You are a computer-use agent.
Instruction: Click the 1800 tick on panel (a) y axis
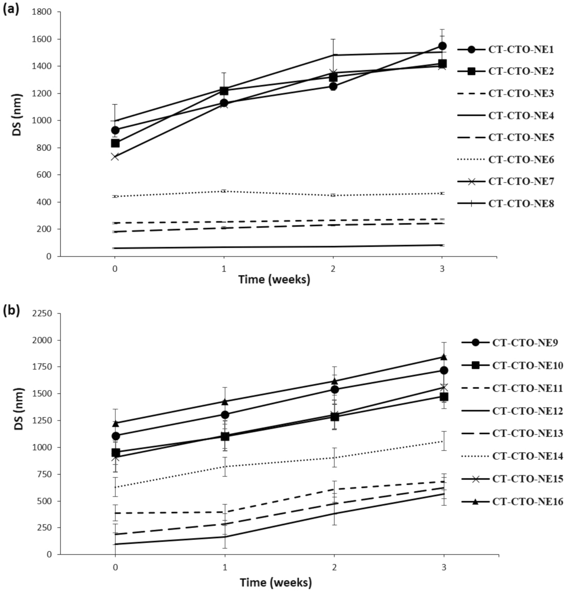click(41, 12)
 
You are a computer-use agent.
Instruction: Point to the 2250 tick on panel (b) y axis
click(41, 313)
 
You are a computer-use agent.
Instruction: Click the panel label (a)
click(11, 9)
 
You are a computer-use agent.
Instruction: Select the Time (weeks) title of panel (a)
click(274, 279)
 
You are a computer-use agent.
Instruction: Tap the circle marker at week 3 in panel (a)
click(442, 46)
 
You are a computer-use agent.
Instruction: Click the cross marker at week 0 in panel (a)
click(115, 157)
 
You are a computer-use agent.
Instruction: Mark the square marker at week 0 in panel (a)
click(115, 143)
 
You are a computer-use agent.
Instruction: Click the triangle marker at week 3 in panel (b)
click(444, 357)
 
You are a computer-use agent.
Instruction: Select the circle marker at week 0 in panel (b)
click(116, 436)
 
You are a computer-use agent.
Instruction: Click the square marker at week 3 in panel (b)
click(444, 397)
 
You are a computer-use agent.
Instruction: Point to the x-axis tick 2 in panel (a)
click(333, 269)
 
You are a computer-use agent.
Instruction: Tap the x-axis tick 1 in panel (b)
click(225, 567)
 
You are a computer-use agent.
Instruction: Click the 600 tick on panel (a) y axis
click(44, 175)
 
